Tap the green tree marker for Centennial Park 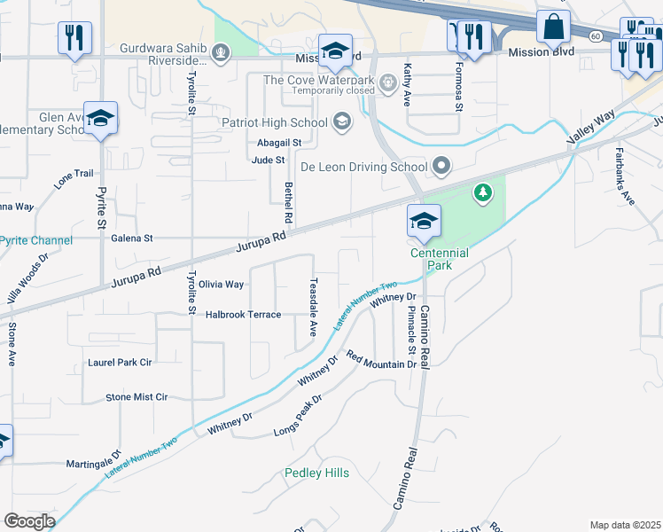click(x=482, y=192)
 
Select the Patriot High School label click(x=274, y=122)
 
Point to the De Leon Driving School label click(x=363, y=166)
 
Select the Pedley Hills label click(x=316, y=473)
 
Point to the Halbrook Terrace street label click(x=243, y=315)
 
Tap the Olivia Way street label click(x=221, y=285)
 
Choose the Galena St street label click(x=131, y=238)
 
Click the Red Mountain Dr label click(x=381, y=360)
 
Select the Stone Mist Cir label click(x=136, y=397)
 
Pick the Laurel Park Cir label click(x=120, y=362)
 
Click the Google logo click(x=29, y=520)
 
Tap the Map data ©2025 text click(x=625, y=525)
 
